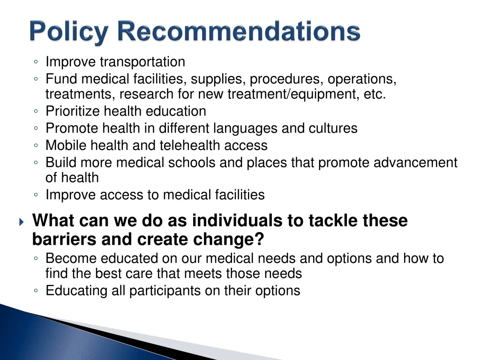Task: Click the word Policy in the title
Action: (x=68, y=33)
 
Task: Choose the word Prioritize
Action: (x=73, y=111)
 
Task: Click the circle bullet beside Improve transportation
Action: (x=36, y=62)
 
